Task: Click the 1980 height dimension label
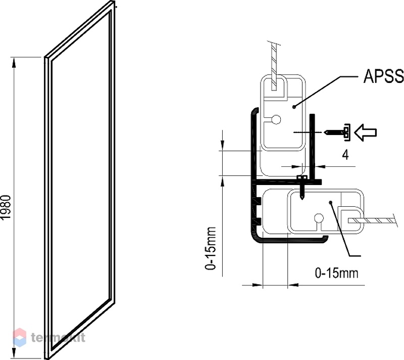pos(6,207)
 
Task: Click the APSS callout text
pos(383,76)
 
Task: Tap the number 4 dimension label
pos(345,155)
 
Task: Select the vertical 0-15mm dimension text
pos(210,248)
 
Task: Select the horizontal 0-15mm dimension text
pos(336,273)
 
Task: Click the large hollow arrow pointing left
pos(366,132)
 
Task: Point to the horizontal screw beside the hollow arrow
pos(334,132)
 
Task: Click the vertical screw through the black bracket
pos(302,188)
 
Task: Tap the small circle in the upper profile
pos(276,119)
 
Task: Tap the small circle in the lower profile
pos(319,218)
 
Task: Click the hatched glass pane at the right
pos(371,220)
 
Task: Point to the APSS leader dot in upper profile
pos(294,107)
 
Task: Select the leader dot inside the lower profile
pos(331,202)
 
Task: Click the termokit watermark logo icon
pos(20,337)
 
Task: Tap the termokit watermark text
pos(58,337)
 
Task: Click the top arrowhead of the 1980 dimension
pos(14,63)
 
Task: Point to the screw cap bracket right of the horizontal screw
pos(347,132)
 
